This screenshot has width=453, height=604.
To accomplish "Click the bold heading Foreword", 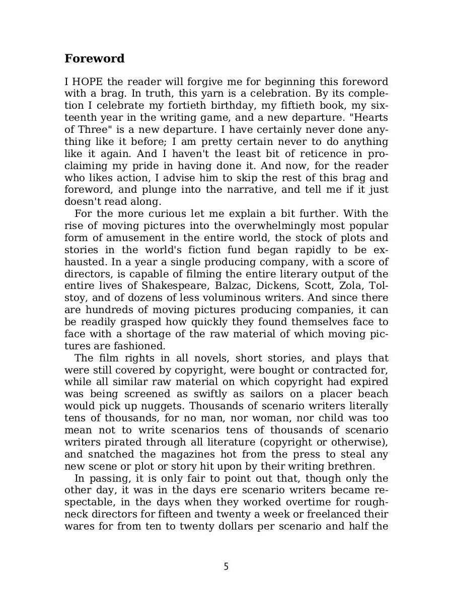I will click(x=95, y=58).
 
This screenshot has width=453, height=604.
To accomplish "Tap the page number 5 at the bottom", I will click(x=226, y=567).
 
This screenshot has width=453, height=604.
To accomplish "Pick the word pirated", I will click(x=119, y=442).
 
